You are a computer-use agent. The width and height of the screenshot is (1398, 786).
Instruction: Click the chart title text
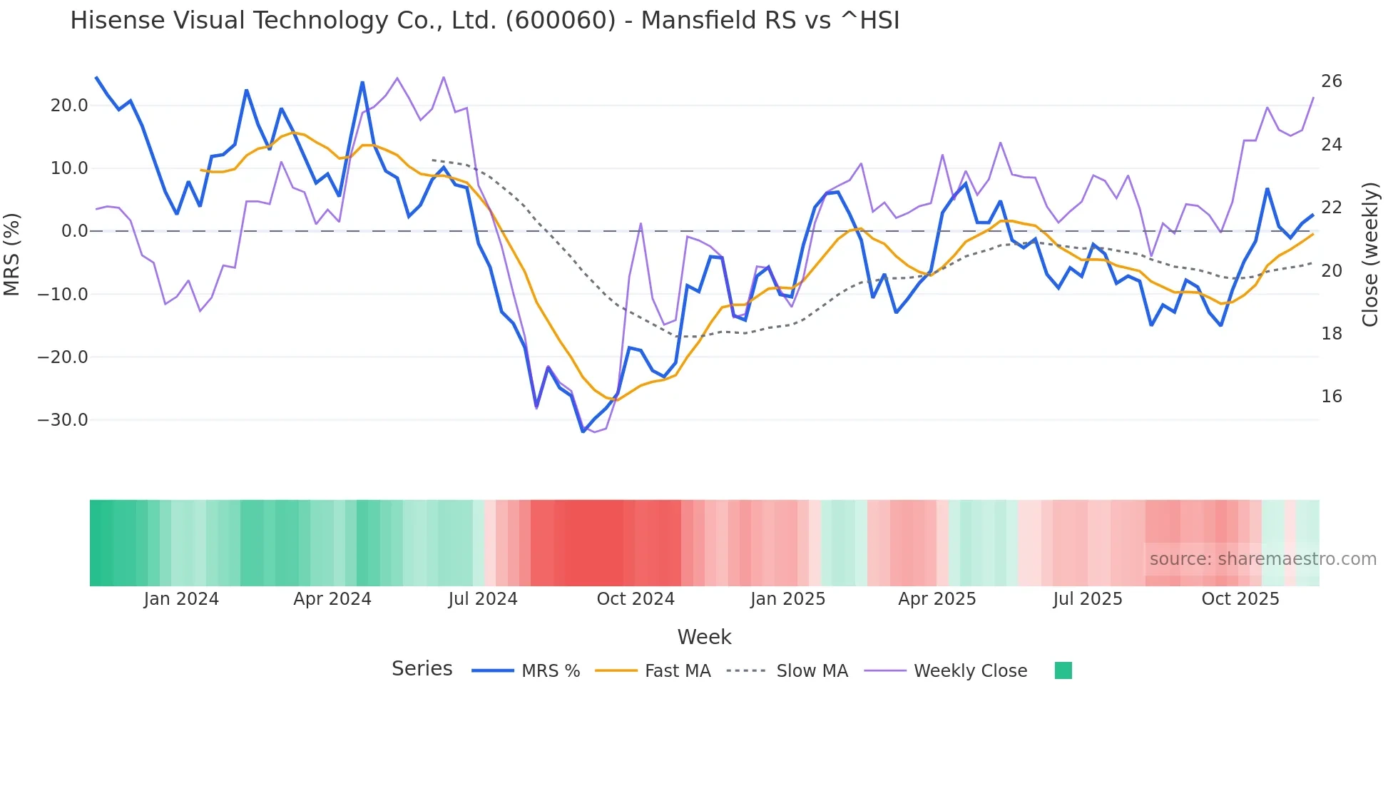coord(485,21)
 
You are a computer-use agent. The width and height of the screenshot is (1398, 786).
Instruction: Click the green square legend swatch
coord(1063,670)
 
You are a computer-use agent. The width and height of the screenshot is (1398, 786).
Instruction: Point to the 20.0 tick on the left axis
coord(69,106)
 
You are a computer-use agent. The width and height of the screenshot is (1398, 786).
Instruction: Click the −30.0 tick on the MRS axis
coord(63,420)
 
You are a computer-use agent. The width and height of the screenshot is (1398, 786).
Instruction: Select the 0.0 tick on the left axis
coord(75,231)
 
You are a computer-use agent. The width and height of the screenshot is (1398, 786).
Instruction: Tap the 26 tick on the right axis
coord(1331,81)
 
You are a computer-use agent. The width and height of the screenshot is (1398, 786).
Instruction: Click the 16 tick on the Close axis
coord(1331,397)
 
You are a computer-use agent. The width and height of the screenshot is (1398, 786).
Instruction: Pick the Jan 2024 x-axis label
coord(181,599)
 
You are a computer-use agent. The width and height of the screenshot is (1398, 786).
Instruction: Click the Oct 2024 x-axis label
coord(636,599)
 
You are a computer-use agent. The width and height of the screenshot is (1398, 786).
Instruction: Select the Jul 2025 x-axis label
coord(1088,599)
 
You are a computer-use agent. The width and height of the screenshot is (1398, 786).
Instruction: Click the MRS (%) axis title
coord(12,254)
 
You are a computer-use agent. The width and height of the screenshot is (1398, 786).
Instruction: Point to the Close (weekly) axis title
coord(1370,254)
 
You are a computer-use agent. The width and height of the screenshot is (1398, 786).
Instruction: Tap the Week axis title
coord(704,637)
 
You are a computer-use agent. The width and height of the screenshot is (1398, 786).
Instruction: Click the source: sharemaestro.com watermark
coord(1262,559)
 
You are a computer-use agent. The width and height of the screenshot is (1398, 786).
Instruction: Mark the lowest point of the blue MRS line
coord(583,432)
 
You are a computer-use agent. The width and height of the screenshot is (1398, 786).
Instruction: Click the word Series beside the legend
coord(422,669)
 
